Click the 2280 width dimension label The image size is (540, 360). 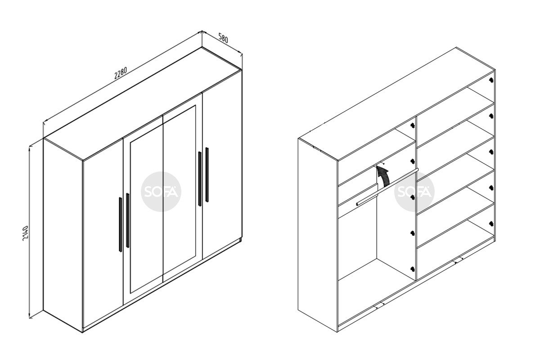(x=120, y=73)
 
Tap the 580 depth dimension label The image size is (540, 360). (x=223, y=38)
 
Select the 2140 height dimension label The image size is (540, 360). (x=26, y=234)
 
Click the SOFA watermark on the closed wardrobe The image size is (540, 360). (x=161, y=192)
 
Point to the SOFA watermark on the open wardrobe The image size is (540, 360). (x=414, y=192)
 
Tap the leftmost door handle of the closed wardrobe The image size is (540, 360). (x=120, y=225)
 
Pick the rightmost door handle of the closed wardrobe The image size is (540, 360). (x=207, y=175)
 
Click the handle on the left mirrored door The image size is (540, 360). (x=128, y=220)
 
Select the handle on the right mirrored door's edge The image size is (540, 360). (x=200, y=179)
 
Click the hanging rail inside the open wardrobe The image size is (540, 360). (x=387, y=187)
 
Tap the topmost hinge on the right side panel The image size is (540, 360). (x=491, y=80)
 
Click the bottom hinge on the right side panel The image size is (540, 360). (x=491, y=224)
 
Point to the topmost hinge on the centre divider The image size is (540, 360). (x=413, y=125)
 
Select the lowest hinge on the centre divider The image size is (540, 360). (x=413, y=269)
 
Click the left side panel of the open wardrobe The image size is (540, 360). (x=318, y=235)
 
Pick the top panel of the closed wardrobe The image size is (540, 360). (x=143, y=103)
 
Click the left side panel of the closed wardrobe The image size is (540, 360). (x=63, y=235)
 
